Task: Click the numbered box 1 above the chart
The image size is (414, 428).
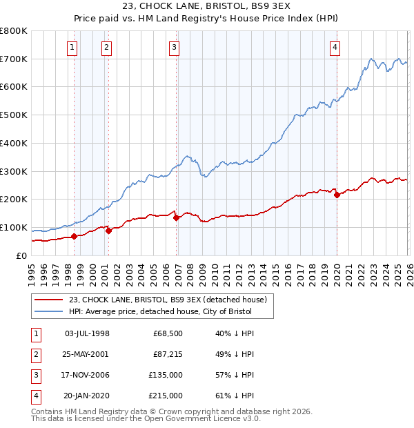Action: click(x=72, y=48)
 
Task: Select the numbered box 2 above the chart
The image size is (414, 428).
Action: click(x=107, y=48)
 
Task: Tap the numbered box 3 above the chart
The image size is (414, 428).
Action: click(x=174, y=48)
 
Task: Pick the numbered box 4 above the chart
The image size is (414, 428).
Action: click(x=334, y=48)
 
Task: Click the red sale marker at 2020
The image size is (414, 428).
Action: click(x=337, y=195)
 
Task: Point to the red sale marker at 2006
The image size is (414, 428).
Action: click(x=177, y=217)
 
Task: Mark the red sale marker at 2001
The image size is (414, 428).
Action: click(x=109, y=231)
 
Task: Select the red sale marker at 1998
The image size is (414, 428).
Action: click(x=75, y=236)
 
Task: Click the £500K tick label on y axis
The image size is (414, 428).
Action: click(x=14, y=115)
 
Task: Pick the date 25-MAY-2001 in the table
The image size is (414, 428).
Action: click(x=86, y=354)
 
